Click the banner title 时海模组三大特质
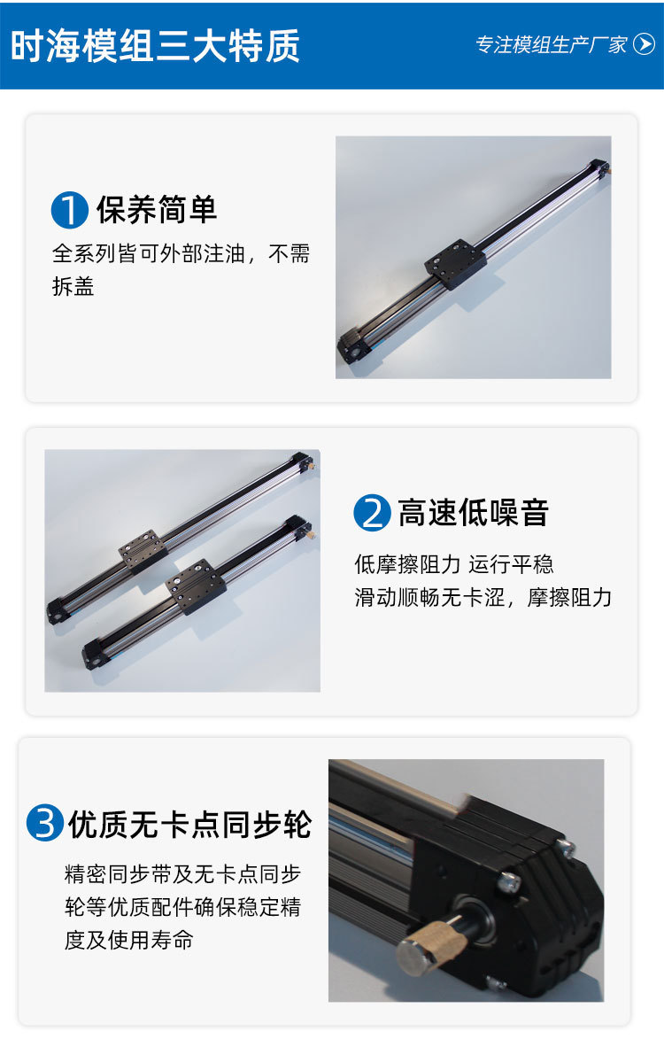pyautogui.click(x=155, y=45)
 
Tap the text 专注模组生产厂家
pyautogui.click(x=552, y=45)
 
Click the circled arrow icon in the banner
pyautogui.click(x=644, y=44)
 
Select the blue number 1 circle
pyautogui.click(x=69, y=211)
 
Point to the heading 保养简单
pyautogui.click(x=157, y=210)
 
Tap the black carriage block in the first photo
pyautogui.click(x=454, y=264)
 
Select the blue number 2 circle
pyautogui.click(x=372, y=514)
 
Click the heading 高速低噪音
pyautogui.click(x=473, y=513)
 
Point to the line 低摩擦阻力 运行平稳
pyautogui.click(x=453, y=564)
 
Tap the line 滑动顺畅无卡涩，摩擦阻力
pyautogui.click(x=483, y=597)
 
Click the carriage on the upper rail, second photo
pyautogui.click(x=142, y=549)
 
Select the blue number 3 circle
pyautogui.click(x=44, y=824)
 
